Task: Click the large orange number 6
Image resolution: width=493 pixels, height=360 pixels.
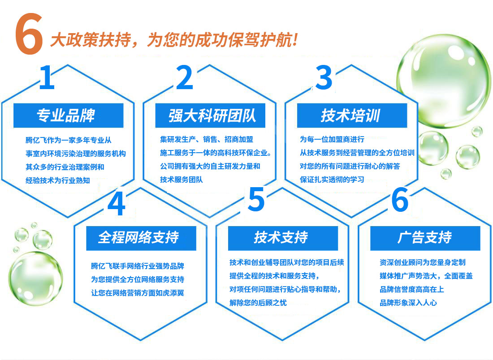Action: click(x=29, y=34)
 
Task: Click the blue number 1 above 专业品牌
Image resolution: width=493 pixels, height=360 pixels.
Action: click(x=47, y=77)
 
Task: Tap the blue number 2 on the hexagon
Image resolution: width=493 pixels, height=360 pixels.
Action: click(x=185, y=77)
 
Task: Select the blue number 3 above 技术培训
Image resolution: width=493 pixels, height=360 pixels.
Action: click(x=324, y=77)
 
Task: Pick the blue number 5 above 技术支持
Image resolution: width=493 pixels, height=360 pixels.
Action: click(x=256, y=199)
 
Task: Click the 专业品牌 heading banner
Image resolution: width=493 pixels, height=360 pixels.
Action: click(x=68, y=115)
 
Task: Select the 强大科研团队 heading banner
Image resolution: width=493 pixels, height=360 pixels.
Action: click(x=210, y=115)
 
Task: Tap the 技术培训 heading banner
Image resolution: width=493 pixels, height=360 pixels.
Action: click(x=352, y=115)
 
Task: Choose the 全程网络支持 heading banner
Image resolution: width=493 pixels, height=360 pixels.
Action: click(x=141, y=238)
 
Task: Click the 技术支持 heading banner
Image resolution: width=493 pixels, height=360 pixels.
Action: click(x=283, y=238)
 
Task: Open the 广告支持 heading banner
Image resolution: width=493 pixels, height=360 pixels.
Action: click(x=425, y=238)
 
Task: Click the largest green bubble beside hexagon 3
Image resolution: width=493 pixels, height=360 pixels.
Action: click(x=443, y=81)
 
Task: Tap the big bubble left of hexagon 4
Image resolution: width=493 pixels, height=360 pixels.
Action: click(x=35, y=279)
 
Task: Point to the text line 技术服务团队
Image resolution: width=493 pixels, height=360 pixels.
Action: click(x=182, y=180)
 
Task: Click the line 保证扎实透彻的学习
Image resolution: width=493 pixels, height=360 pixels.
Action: click(x=332, y=180)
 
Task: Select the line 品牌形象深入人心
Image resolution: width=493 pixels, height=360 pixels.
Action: click(x=408, y=303)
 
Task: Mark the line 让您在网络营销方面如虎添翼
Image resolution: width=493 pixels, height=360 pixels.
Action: click(x=138, y=293)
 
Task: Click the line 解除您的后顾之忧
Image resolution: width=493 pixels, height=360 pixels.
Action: click(x=258, y=303)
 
